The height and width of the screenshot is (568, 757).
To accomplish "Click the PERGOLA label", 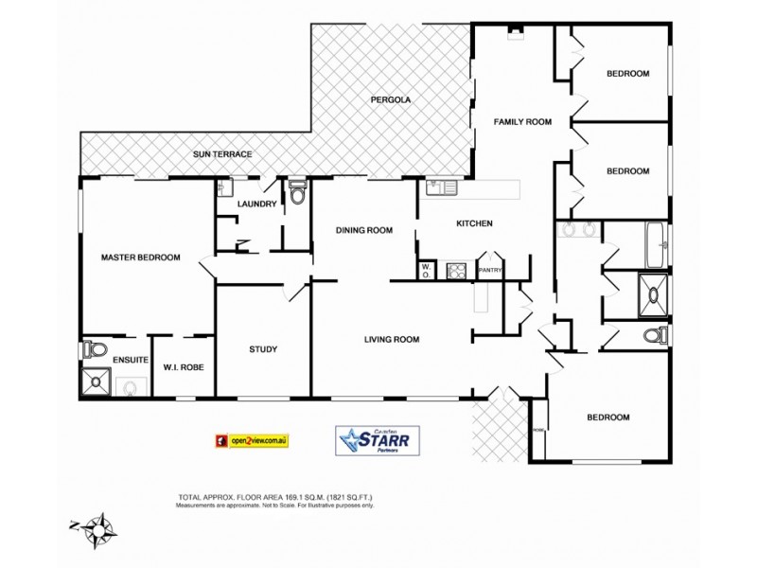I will click(390, 99).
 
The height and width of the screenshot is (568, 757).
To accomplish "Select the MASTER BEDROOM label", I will click(140, 257).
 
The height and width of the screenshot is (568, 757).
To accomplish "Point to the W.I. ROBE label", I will click(184, 367).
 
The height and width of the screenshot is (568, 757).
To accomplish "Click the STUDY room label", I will click(263, 349).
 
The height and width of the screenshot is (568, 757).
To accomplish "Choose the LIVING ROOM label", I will click(393, 339).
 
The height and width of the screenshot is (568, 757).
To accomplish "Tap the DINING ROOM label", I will click(364, 230).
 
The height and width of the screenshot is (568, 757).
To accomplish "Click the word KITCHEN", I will click(475, 223).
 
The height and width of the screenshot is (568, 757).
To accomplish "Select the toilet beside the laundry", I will click(298, 193).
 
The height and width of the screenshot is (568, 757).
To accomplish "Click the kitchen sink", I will click(441, 187).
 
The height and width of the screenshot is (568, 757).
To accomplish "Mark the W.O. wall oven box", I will click(427, 271).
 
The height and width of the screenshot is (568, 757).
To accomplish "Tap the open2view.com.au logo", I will click(252, 440).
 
